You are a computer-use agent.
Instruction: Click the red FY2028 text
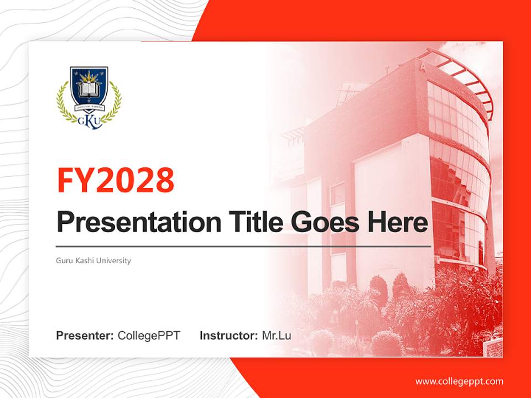tap(116, 180)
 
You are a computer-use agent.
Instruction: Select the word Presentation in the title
tap(139, 222)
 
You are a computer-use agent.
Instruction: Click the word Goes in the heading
tap(325, 222)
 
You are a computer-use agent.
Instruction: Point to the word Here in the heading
tap(398, 222)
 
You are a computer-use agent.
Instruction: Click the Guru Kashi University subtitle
tap(93, 260)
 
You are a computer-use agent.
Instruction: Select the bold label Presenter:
tap(85, 336)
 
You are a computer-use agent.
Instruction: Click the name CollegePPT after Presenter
tap(149, 336)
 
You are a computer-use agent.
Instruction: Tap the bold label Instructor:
tap(229, 336)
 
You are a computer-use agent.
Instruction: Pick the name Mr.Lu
tap(277, 336)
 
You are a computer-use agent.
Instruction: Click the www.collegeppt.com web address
tap(459, 382)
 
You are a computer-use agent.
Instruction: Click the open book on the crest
tap(89, 90)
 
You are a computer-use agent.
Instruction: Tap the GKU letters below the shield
tap(90, 121)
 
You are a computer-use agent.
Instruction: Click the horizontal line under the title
tap(243, 247)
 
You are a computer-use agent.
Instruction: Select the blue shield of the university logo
tap(89, 86)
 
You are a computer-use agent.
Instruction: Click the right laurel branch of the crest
tap(112, 102)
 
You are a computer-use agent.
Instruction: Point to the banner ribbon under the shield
tap(89, 108)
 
